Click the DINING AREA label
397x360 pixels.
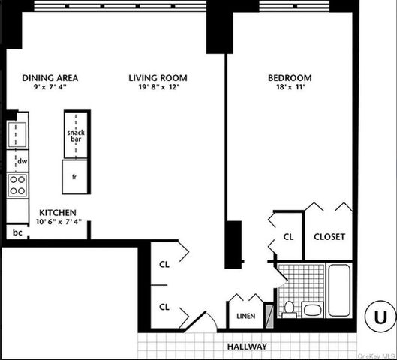[50, 78]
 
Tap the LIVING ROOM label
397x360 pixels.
[158, 78]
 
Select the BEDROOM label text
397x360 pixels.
[290, 78]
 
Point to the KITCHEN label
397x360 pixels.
[58, 212]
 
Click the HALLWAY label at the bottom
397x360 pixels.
[248, 346]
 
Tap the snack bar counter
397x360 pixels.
[76, 135]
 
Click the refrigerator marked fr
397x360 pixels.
[76, 177]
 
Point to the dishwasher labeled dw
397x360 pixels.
[22, 161]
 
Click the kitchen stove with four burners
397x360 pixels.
[17, 184]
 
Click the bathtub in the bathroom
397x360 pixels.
[339, 290]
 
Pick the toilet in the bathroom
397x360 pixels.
[288, 307]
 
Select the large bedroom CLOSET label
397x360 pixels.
[329, 236]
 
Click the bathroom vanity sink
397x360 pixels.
[312, 309]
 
